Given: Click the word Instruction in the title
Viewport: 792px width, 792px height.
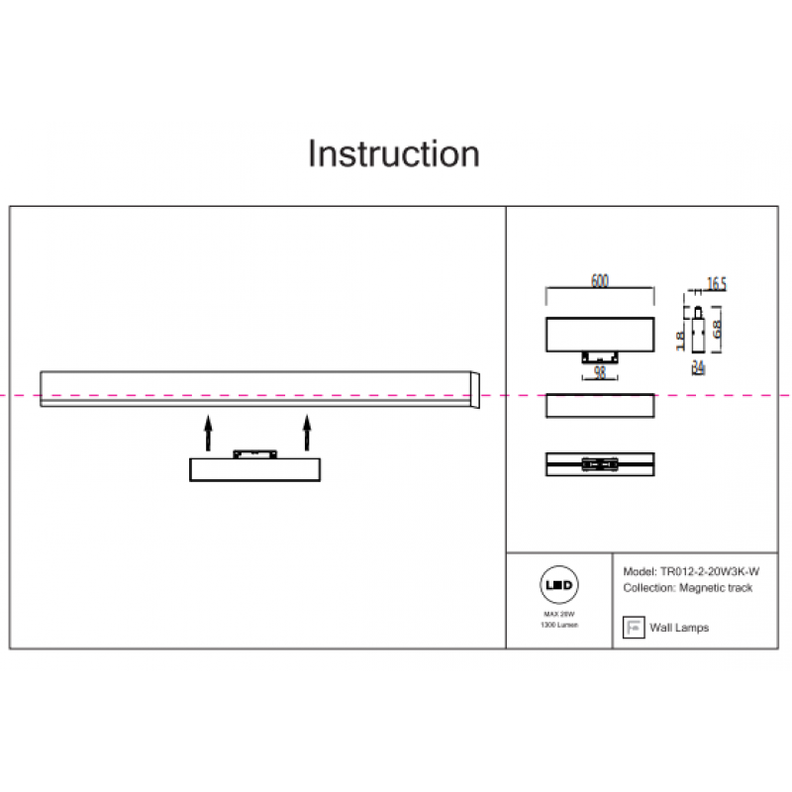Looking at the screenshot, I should (394, 154).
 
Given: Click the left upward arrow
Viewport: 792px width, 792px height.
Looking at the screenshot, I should (207, 433).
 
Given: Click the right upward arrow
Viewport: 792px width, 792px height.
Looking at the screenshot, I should (307, 433).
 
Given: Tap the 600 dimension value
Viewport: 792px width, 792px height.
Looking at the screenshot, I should (599, 281).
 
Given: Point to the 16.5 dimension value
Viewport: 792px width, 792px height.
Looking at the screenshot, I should (717, 284).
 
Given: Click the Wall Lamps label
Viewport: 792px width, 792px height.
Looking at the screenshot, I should (680, 628).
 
